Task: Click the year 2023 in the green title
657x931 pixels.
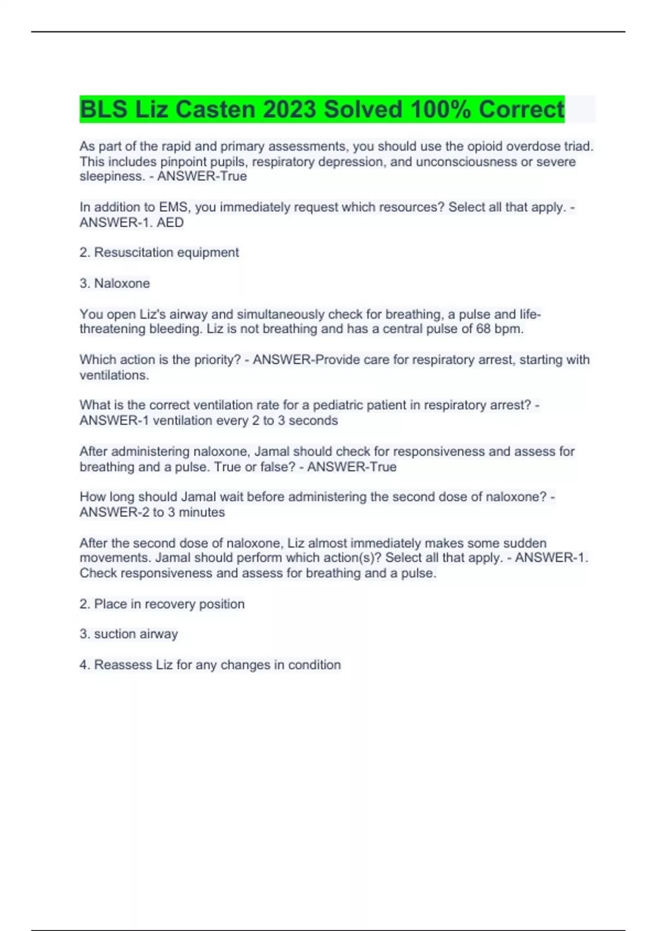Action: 290,110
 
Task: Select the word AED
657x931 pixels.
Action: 170,222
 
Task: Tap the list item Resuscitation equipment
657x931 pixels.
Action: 166,252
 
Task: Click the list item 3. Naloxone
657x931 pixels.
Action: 114,283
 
